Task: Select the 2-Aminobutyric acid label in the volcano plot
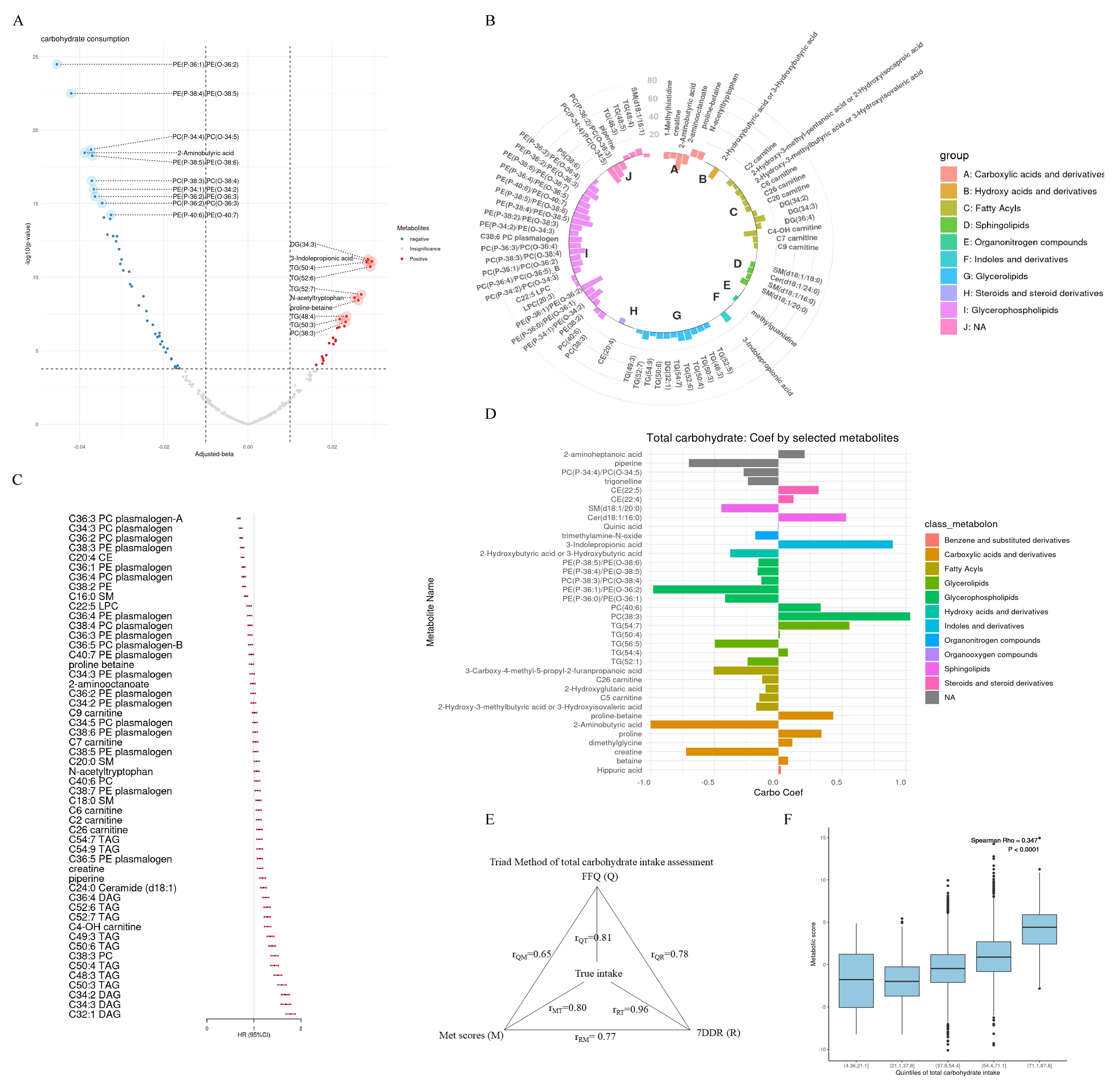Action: (205, 153)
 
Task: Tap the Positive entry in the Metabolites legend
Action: (418, 259)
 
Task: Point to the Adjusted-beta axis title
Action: (214, 454)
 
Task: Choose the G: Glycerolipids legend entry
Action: (1003, 276)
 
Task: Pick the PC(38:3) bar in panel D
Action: (844, 617)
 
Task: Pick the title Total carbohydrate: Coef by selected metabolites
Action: (772, 438)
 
